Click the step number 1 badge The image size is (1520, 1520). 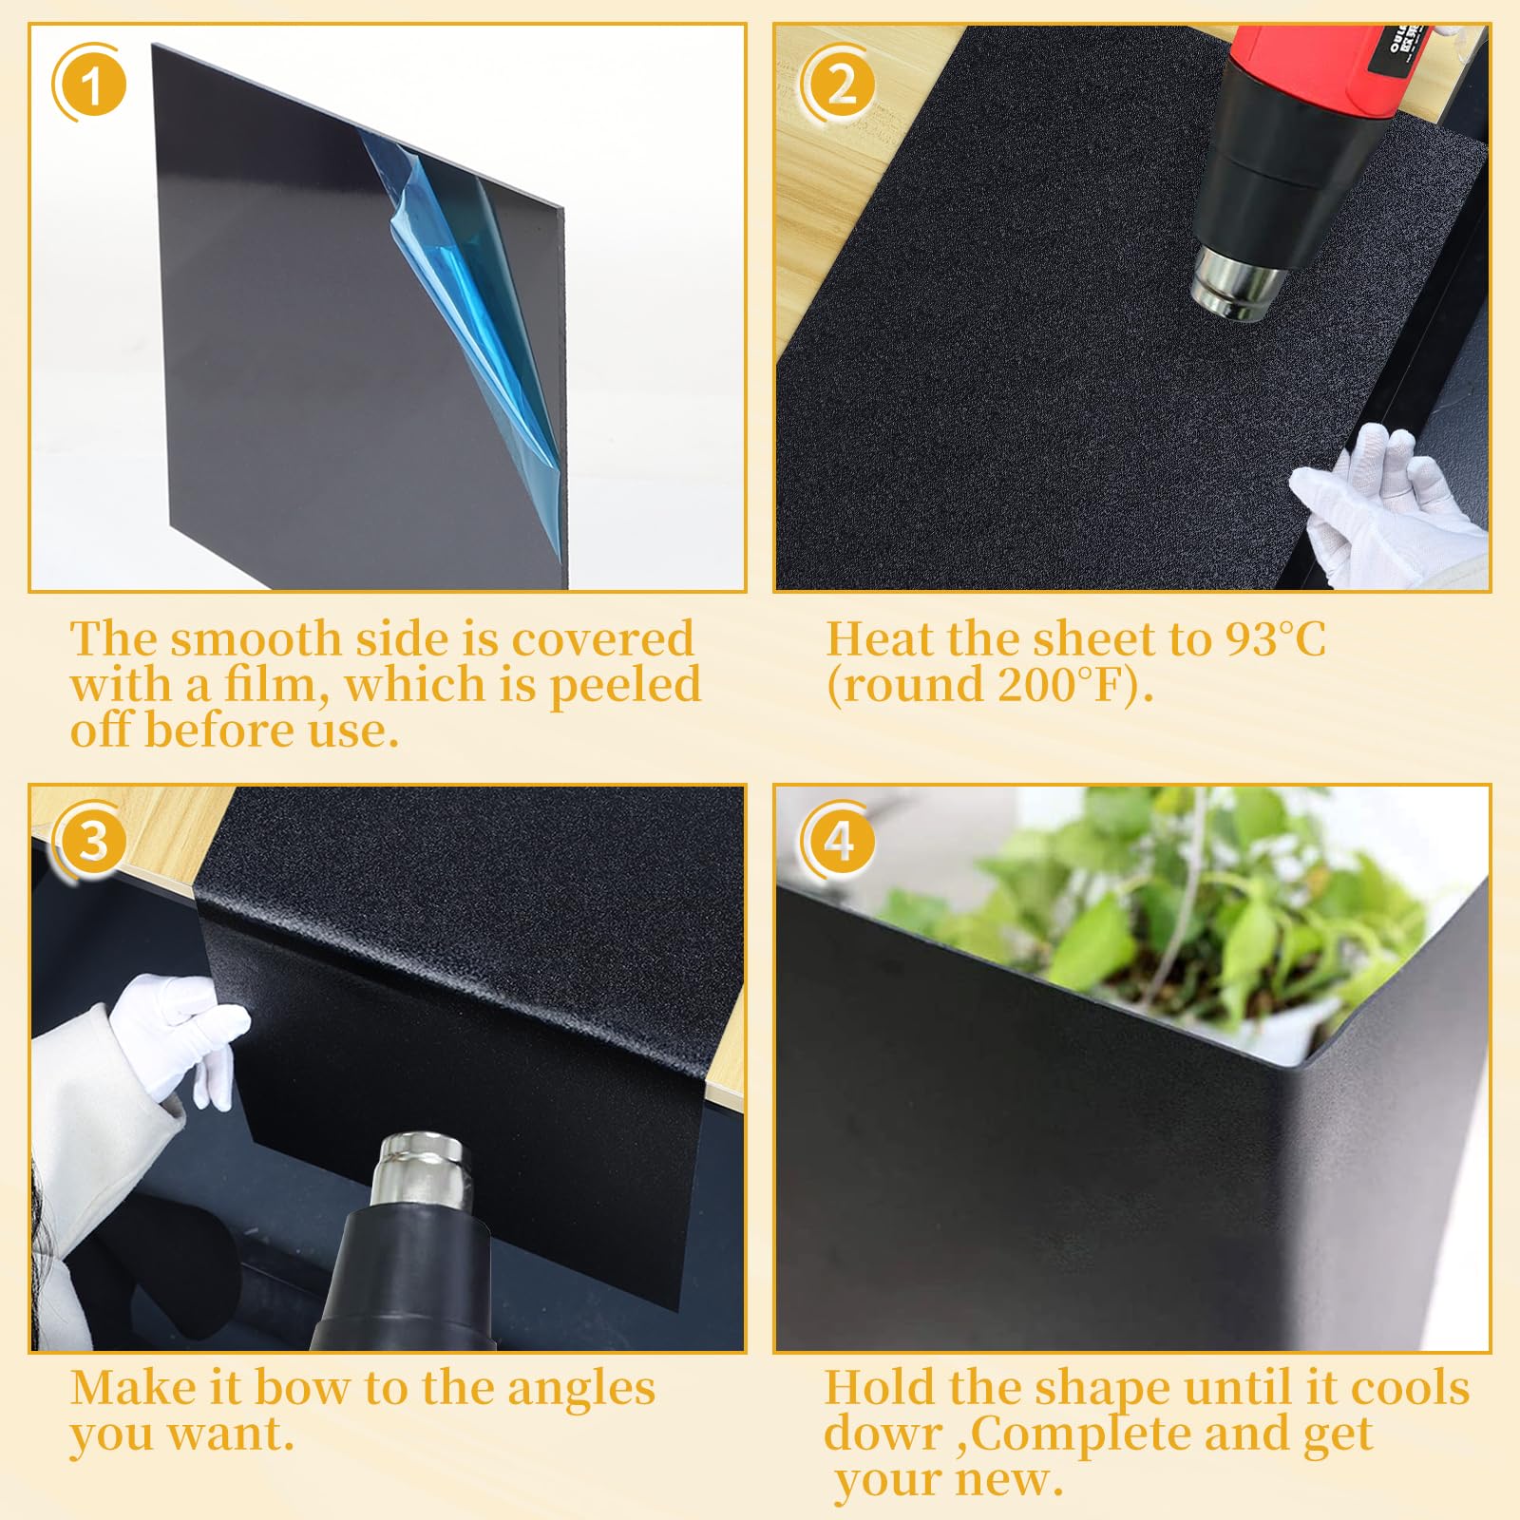tap(90, 85)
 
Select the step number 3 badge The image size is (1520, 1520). tap(90, 841)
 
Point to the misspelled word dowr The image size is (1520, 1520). tap(883, 1434)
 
